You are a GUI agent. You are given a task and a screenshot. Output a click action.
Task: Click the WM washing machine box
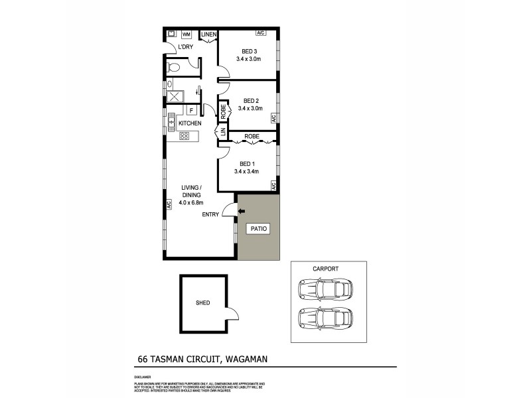187,34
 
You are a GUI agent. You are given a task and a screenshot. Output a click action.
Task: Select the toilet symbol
175,66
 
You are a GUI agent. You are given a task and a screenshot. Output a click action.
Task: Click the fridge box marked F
192,111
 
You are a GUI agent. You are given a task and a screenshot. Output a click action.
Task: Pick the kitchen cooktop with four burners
185,136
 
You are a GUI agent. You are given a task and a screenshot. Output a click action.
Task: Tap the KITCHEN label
189,123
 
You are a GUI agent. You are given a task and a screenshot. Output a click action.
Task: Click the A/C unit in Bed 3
262,33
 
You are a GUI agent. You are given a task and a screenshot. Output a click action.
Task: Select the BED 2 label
250,101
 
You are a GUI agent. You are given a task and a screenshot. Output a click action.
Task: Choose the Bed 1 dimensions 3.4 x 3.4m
247,172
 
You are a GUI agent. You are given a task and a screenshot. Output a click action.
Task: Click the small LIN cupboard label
224,133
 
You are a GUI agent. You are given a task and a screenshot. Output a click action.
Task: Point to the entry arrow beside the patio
242,212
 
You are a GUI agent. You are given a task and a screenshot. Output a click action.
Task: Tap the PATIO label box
258,229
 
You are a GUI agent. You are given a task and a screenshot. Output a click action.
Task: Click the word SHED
202,303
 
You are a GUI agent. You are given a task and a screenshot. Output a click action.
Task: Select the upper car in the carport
325,289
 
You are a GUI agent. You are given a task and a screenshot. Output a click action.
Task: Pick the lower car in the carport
325,317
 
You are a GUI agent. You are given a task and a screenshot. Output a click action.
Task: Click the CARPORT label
325,269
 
